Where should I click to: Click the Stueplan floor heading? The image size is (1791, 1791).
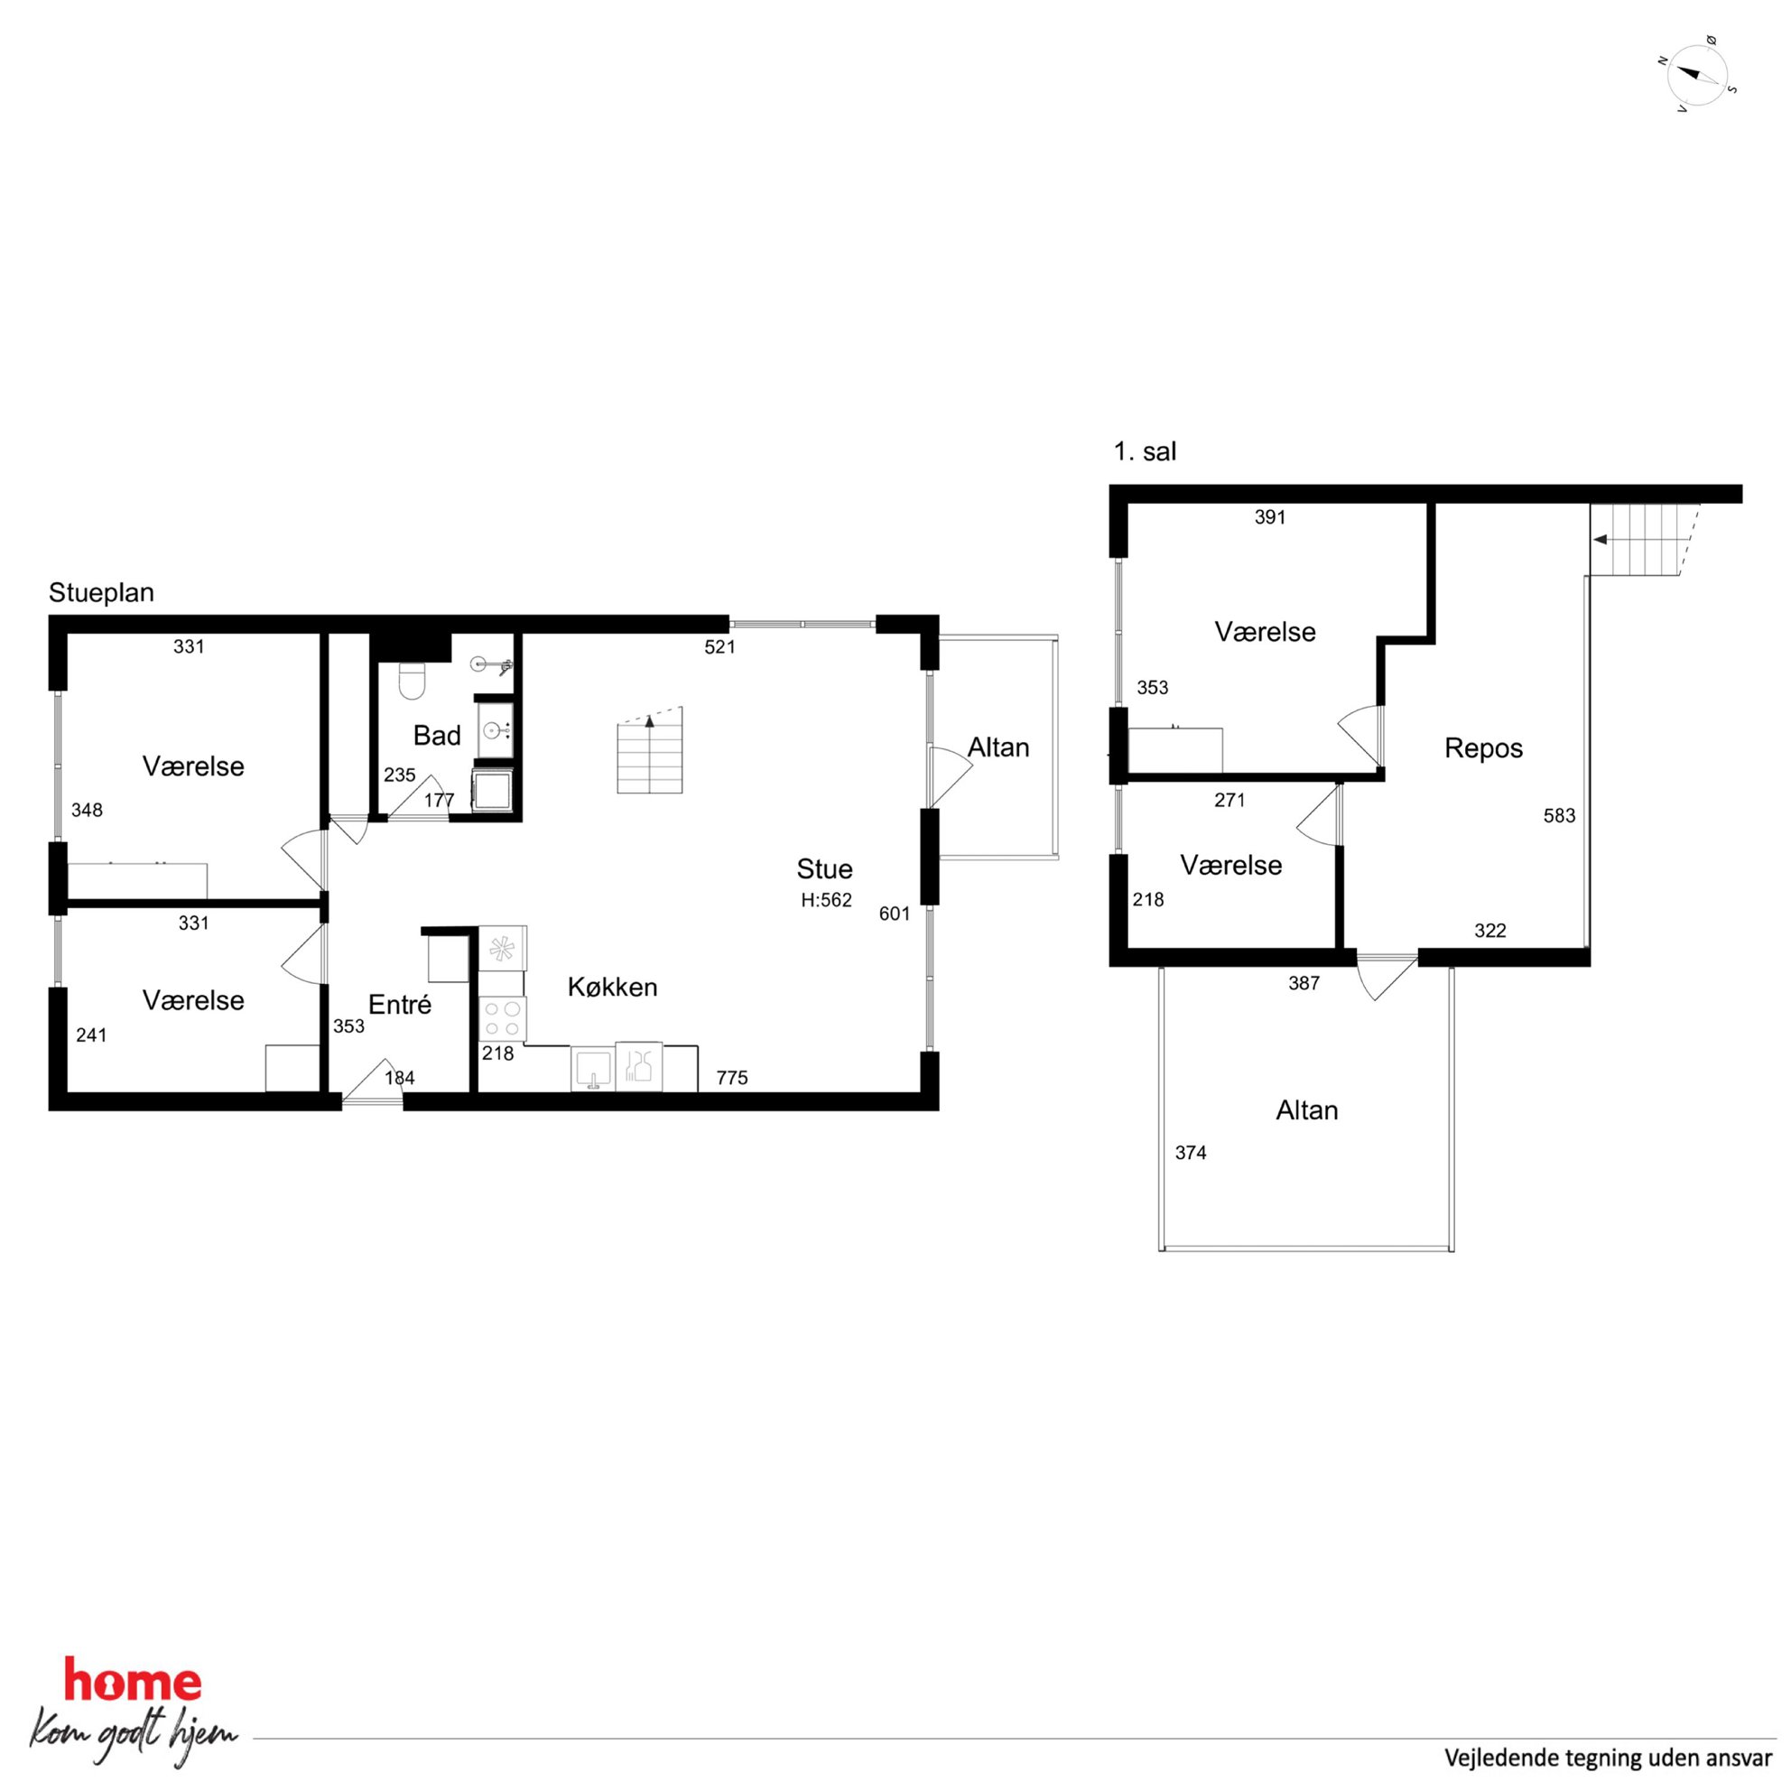coord(101,592)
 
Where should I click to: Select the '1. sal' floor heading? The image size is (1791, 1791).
coord(1145,451)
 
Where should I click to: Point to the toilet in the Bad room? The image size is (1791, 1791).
coord(410,681)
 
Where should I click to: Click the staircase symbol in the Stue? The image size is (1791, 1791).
coord(650,750)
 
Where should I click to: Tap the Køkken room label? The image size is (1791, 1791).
coord(613,988)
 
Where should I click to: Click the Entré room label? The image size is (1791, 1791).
coord(400,1004)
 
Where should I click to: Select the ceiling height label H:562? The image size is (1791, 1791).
coord(826,900)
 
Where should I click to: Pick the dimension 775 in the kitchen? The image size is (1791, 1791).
coord(731,1077)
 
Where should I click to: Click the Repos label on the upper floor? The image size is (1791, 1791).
coord(1483,748)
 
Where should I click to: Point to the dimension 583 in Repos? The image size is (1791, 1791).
coord(1559,816)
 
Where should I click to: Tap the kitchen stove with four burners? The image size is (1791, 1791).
coord(503,1019)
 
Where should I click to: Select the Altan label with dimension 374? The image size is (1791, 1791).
coord(1307,1110)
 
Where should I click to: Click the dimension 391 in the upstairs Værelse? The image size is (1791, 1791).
coord(1270,517)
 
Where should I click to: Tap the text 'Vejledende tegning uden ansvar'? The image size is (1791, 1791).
coord(1609,1757)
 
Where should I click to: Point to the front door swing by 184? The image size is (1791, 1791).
coord(373,1081)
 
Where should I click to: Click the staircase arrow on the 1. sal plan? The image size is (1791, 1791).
coord(1600,539)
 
